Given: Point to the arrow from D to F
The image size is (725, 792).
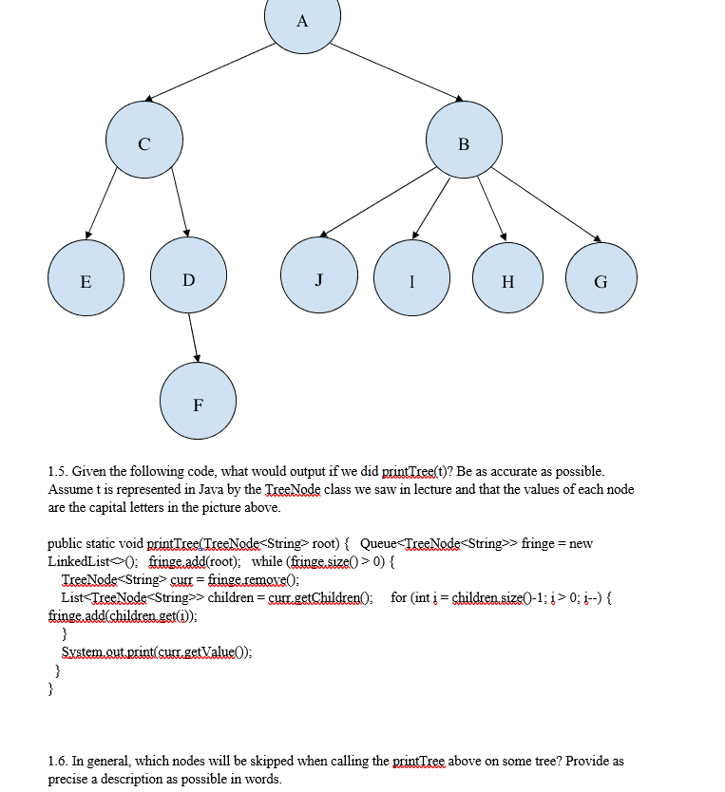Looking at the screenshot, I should point(193,337).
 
